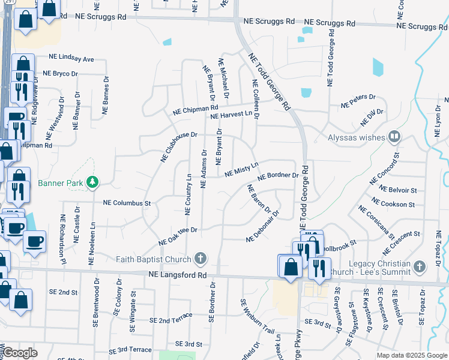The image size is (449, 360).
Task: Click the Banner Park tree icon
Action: pyautogui.click(x=92, y=182)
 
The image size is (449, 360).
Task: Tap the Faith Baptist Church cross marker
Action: pyautogui.click(x=200, y=259)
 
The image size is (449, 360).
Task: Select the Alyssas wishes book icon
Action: pyautogui.click(x=394, y=137)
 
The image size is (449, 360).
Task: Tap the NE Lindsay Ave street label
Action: pyautogui.click(x=72, y=59)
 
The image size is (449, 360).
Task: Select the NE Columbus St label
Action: pyautogui.click(x=127, y=203)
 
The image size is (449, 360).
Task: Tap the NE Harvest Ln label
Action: pyautogui.click(x=231, y=114)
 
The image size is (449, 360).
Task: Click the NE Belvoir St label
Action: pyautogui.click(x=397, y=190)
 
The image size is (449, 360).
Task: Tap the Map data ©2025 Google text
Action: pyautogui.click(x=412, y=355)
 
